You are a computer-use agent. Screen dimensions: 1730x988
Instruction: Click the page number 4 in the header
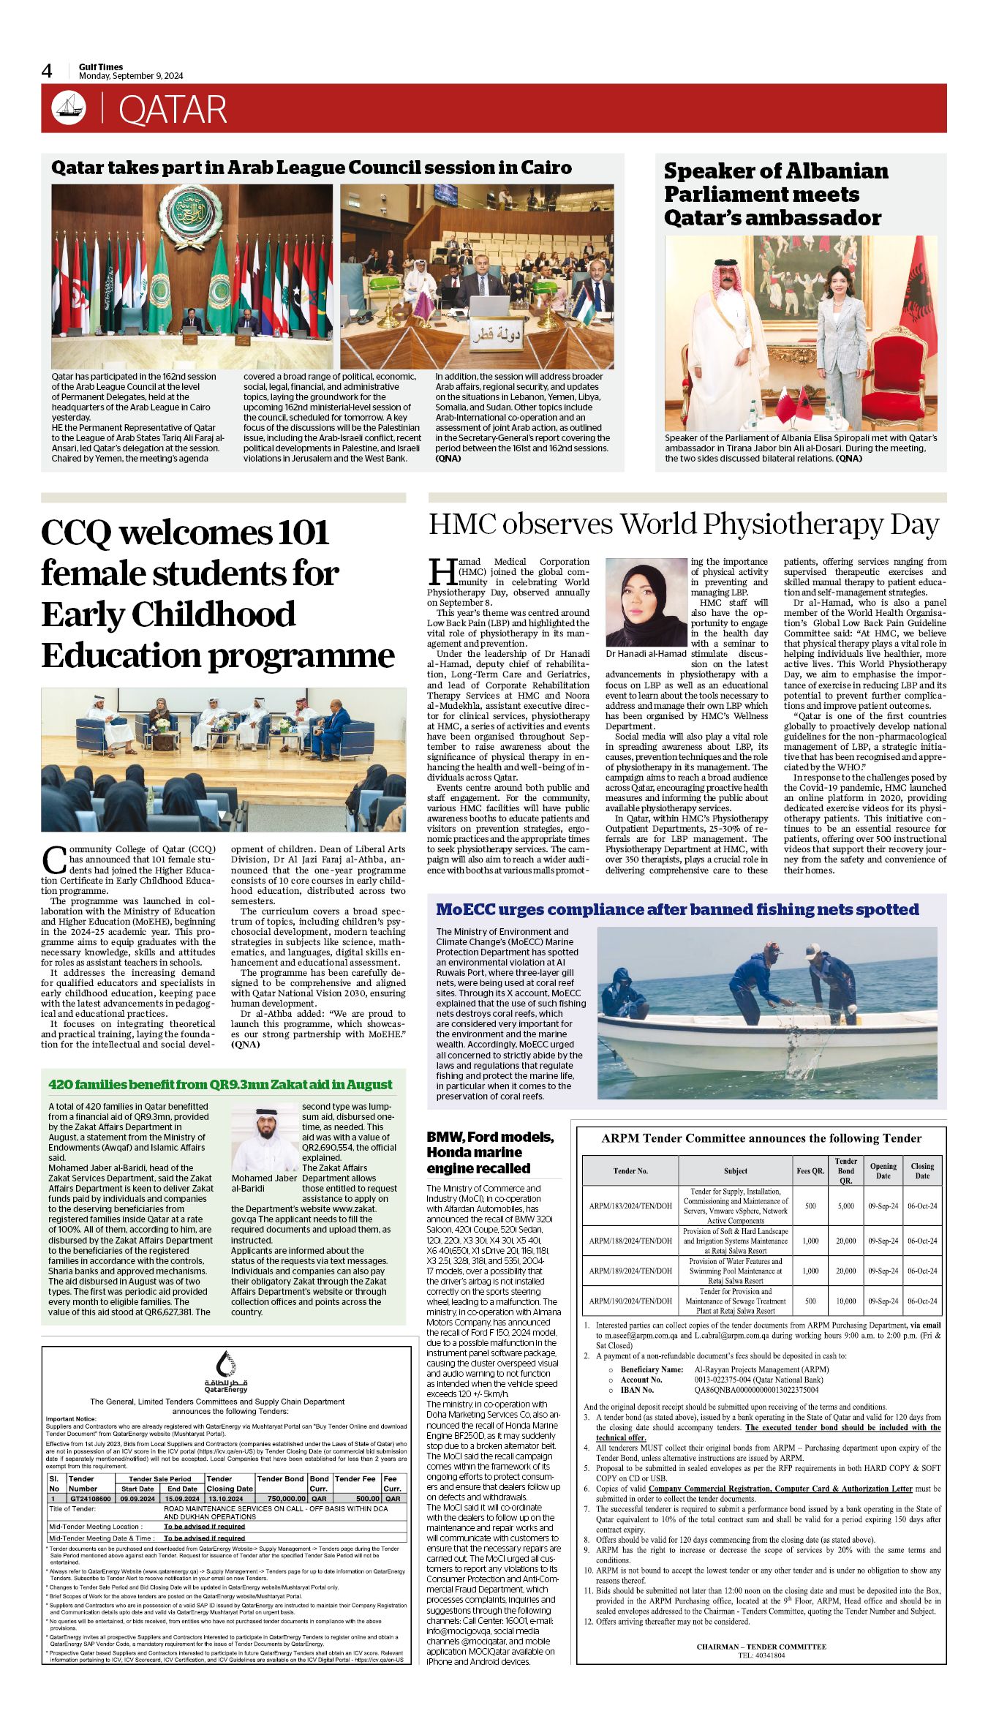coord(47,71)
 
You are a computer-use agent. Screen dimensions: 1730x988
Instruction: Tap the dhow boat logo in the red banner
coord(69,108)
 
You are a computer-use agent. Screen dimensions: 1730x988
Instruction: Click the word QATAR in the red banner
coord(173,110)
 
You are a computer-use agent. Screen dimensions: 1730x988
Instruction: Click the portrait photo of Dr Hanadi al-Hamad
coord(647,602)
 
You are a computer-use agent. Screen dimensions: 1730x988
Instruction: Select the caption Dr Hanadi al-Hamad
coord(646,654)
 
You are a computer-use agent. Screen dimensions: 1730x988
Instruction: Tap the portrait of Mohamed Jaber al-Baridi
coord(265,1137)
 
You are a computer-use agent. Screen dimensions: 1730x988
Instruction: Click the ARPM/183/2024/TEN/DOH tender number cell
coord(630,1206)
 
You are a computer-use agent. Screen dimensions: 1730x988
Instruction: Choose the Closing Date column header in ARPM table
coord(922,1170)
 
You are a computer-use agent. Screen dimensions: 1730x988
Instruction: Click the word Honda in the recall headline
coord(453,1152)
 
